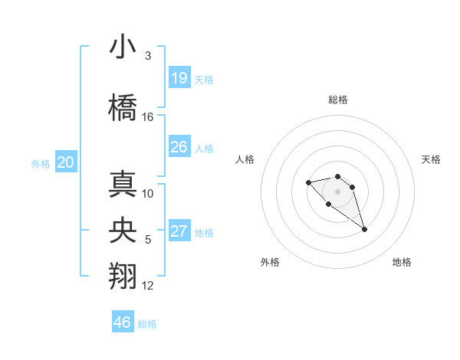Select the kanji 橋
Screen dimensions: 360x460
click(123, 107)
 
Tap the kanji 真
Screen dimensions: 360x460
click(123, 184)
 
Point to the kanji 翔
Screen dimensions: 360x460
click(123, 277)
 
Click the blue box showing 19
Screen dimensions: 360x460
click(179, 78)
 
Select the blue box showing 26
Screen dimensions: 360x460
click(179, 147)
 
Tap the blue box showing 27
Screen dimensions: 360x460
click(179, 232)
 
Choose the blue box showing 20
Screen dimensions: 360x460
click(66, 162)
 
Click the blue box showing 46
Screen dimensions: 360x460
click(123, 322)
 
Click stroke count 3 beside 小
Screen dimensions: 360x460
click(147, 56)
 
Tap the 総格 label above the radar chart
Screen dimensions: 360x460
click(338, 100)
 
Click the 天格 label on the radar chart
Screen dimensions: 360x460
click(431, 159)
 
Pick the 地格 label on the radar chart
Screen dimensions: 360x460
click(402, 262)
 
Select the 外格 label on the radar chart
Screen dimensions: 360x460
click(270, 262)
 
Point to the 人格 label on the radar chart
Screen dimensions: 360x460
click(245, 159)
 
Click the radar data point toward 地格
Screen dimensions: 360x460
click(364, 229)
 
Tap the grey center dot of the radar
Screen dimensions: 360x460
click(338, 191)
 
